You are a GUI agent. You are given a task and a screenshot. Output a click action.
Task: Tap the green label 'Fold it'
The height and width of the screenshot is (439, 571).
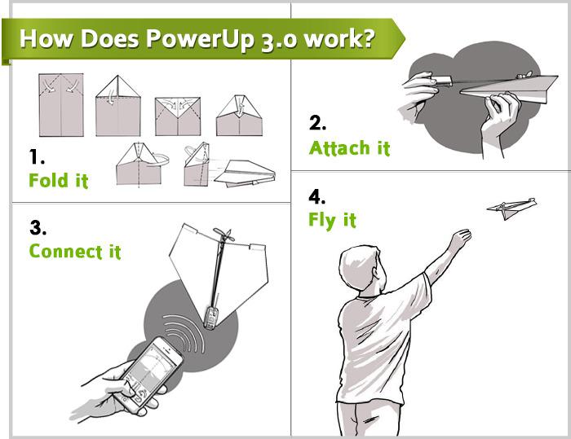58,181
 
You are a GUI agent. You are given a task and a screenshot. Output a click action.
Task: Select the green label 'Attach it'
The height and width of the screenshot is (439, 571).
349,148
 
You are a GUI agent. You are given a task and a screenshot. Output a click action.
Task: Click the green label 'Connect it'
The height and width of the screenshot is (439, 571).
74,251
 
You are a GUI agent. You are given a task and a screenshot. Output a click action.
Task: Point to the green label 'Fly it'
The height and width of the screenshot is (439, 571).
332,219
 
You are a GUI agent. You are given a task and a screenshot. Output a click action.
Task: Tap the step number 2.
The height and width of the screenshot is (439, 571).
317,124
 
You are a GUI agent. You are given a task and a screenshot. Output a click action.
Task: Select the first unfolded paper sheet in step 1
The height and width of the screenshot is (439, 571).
61,104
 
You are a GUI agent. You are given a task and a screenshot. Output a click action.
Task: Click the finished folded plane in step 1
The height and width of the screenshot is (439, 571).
250,172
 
